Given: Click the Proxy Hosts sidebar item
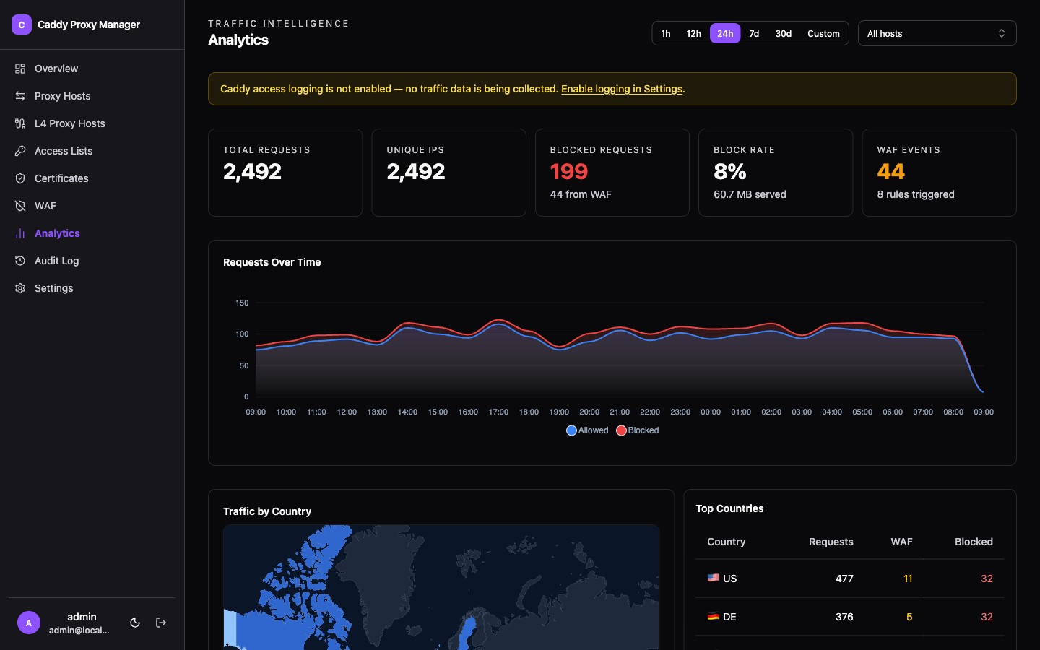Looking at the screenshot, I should coord(62,96).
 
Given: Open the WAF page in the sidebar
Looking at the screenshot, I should coord(45,206).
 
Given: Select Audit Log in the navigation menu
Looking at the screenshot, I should coord(56,261).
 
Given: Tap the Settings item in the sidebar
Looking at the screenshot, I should coord(53,288).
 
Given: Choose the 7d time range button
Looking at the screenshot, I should coord(754,34).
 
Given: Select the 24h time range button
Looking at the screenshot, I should coord(725,34).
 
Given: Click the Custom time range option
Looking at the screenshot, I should coord(823,34).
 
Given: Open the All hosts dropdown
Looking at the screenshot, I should coord(937,34).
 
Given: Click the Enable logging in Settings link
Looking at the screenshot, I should coord(621,89).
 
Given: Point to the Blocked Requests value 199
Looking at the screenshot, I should coord(569,172).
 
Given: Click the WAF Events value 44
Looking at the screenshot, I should coord(890,172).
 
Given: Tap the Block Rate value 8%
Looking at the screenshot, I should coord(729,172).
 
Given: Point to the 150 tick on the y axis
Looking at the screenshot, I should coord(242,303).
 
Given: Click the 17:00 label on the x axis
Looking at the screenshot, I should coord(498,412).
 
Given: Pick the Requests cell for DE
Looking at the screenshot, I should coord(844,617).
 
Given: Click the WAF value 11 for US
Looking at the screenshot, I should coord(908,578).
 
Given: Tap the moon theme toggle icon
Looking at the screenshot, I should coord(135,623).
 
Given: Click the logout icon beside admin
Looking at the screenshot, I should coord(161,623).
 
